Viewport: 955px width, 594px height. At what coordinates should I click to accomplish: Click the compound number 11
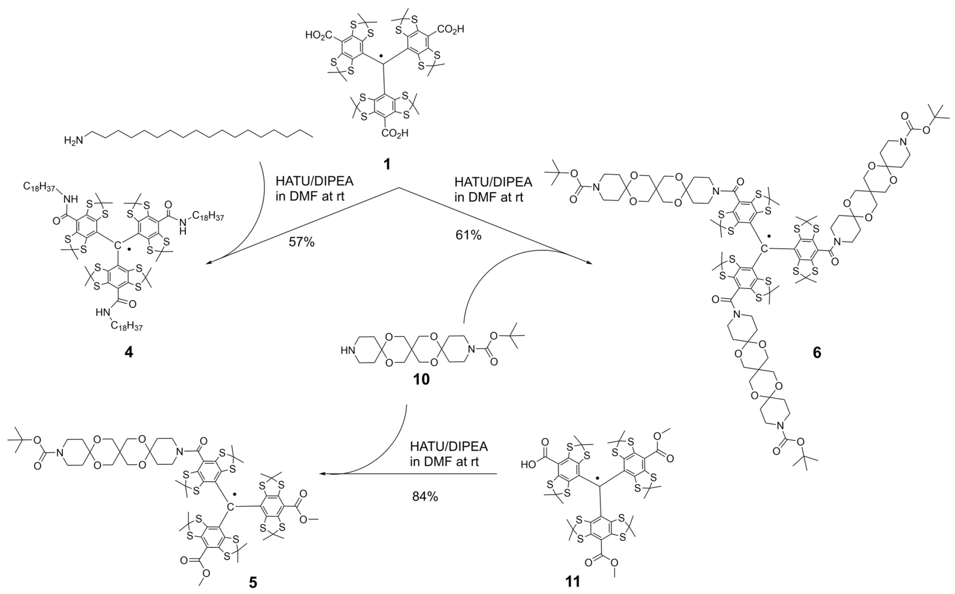572,581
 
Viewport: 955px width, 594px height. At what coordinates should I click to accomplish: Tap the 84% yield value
425,497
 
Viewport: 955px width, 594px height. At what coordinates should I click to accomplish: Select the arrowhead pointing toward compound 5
322,474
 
